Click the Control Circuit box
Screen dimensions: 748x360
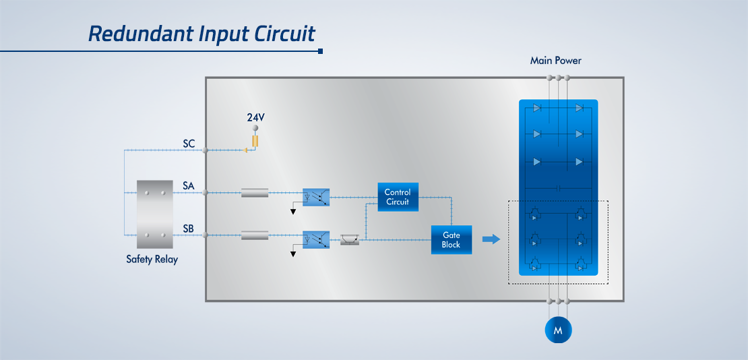click(x=398, y=197)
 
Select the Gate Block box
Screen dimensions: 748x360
click(x=451, y=240)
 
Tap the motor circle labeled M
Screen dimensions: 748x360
click(x=558, y=330)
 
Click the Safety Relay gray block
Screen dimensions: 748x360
click(x=154, y=214)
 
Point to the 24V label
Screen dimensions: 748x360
click(x=255, y=117)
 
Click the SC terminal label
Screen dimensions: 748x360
click(x=189, y=143)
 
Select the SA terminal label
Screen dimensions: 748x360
click(x=189, y=185)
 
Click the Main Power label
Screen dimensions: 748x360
click(x=556, y=61)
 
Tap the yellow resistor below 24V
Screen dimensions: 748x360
click(x=255, y=141)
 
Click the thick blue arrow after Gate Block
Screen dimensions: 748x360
click(x=491, y=239)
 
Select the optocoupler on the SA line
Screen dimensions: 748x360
click(x=316, y=197)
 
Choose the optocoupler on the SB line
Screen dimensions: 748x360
click(x=316, y=240)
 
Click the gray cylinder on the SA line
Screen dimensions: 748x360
click(x=255, y=193)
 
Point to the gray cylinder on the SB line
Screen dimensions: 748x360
click(x=255, y=235)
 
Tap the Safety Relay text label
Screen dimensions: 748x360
click(x=152, y=260)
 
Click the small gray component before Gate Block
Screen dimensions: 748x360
click(x=350, y=240)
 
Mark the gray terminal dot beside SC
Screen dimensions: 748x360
click(x=205, y=150)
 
